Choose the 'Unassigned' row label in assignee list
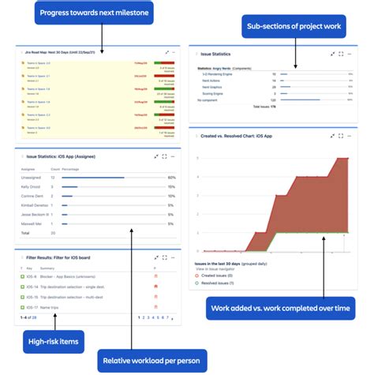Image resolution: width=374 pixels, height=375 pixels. pos(32,178)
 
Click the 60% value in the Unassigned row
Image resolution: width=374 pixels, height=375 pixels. pos(171,178)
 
